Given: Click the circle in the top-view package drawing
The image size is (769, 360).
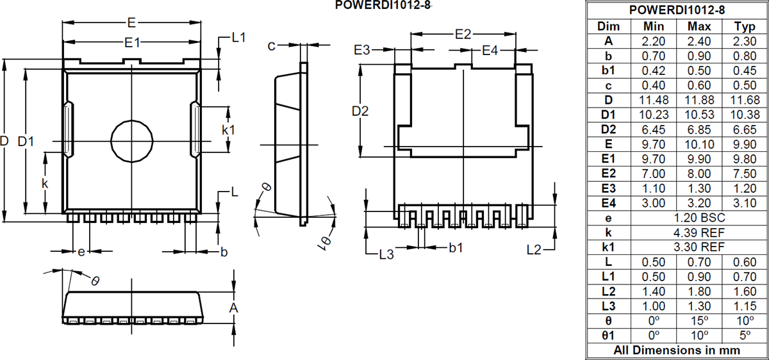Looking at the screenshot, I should pos(131,140).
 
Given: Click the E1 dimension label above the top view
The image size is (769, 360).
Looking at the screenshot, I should pos(133,42).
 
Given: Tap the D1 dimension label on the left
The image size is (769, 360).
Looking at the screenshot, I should pos(26,141).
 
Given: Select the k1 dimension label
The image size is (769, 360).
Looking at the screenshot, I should pos(228,129).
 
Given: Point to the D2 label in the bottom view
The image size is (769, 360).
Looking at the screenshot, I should pos(361,111).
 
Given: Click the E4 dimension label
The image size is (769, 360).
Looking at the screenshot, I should pos(490,50).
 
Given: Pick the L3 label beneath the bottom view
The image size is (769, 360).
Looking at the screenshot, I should pos(386,255).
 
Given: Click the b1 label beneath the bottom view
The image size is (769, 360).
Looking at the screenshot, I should pos(456,247).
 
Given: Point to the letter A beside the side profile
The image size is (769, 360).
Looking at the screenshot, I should pos(234,308).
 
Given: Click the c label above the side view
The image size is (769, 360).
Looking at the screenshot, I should pos(272,45).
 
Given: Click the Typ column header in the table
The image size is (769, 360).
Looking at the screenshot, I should pos(744,26).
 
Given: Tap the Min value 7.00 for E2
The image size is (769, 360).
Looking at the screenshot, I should pos(654,174).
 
